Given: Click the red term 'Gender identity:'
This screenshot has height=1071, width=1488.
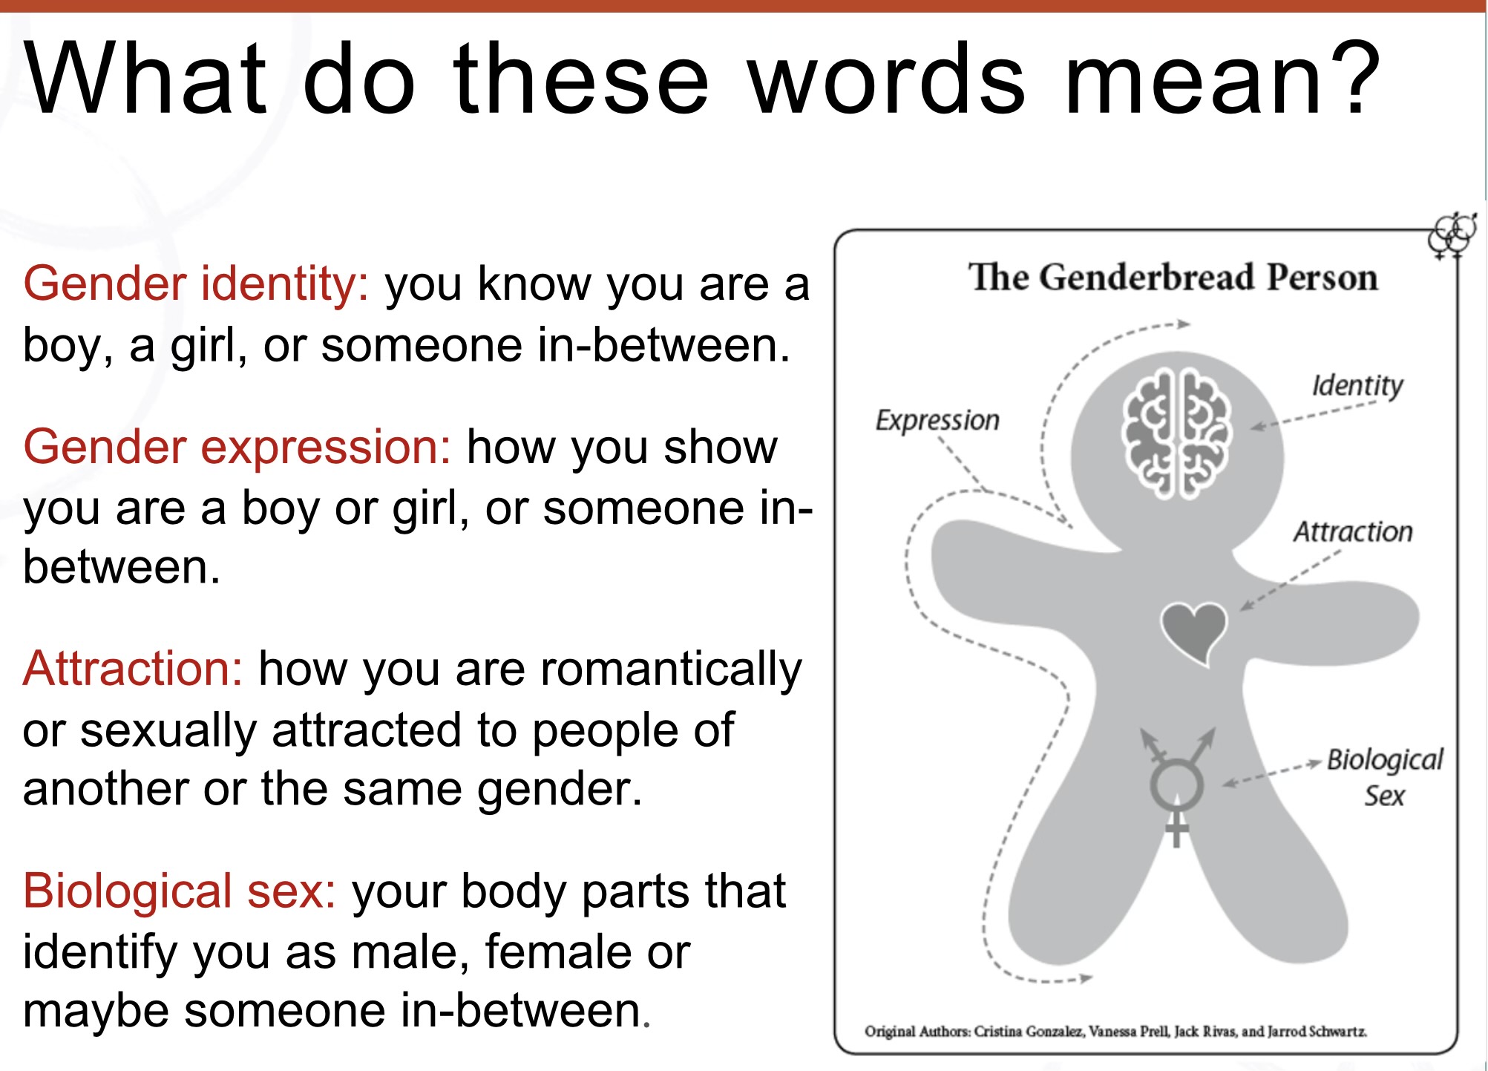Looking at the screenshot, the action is coord(196,285).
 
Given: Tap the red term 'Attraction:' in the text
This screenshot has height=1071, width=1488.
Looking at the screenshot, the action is coord(134,668).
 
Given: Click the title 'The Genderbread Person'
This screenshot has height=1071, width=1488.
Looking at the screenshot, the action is coord(1173,278).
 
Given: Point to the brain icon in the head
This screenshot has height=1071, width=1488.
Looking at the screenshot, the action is coord(1176,433).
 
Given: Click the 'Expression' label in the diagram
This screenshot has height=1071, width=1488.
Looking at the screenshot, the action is coord(937,421).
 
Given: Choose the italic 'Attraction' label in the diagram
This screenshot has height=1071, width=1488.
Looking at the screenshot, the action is coord(1353,531).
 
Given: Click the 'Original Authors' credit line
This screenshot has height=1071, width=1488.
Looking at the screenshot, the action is coord(1115,1032).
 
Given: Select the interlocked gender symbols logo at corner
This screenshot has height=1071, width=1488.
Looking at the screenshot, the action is coord(1452,235).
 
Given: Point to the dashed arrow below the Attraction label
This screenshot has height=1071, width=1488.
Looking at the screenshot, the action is coord(1290,580).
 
